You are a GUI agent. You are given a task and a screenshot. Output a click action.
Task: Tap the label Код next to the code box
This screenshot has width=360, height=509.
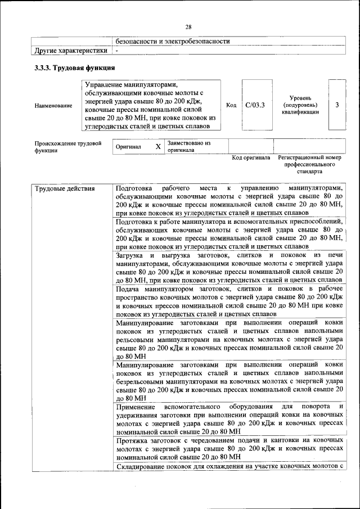click(x=231, y=105)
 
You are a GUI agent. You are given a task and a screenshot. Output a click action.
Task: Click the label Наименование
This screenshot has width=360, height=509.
click(x=53, y=105)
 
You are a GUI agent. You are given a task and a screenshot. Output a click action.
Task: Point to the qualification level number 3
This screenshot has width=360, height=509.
click(x=336, y=105)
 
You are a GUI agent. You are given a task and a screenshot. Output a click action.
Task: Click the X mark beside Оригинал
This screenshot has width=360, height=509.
click(x=158, y=146)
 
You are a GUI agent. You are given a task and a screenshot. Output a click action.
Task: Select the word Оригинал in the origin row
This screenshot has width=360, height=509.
click(x=128, y=146)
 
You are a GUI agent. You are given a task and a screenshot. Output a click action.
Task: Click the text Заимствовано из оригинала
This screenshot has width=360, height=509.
click(x=188, y=146)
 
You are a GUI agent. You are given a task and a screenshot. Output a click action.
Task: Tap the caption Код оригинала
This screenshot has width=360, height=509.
click(x=251, y=158)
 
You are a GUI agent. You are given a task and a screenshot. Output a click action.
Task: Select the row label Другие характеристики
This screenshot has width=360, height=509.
click(x=70, y=51)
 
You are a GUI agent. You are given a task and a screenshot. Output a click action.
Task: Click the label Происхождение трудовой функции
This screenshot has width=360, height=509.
click(x=67, y=147)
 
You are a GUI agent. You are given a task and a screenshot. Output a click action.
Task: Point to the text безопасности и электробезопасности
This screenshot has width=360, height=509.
click(x=173, y=41)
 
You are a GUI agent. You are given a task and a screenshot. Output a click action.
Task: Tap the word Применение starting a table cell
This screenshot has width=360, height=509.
click(x=136, y=406)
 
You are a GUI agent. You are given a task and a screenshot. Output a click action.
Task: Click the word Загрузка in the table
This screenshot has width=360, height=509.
click(x=130, y=255)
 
